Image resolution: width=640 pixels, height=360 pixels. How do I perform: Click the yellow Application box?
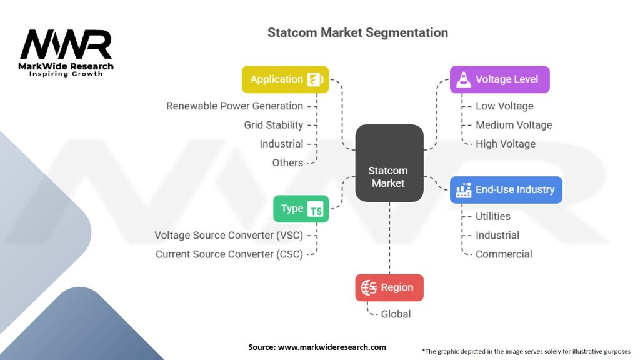coord(285,79)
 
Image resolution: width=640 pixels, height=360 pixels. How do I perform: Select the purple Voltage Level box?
coord(499,79)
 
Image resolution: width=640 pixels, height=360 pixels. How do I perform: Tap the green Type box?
coord(301,209)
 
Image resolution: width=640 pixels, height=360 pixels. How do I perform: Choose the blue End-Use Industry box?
coord(506,190)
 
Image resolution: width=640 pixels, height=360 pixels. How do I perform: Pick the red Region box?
coord(389,287)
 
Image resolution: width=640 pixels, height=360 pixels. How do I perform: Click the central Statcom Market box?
coord(389,163)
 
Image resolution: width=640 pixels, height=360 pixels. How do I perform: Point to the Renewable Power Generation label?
coord(235,106)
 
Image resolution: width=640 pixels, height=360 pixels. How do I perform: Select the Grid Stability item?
coord(274,125)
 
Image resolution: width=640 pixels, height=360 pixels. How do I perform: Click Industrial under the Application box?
coord(281,144)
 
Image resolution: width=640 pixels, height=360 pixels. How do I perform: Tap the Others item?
coord(287,163)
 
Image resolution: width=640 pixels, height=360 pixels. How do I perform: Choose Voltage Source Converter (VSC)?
coord(229,236)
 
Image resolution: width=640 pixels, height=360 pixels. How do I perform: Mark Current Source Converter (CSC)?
coord(229,254)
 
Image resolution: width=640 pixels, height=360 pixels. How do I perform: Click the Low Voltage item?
coord(504,106)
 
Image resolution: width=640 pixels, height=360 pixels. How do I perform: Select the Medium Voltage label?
coord(514,125)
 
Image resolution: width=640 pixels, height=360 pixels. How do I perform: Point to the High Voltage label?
coord(506,144)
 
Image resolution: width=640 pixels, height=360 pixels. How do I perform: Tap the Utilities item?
coord(493,216)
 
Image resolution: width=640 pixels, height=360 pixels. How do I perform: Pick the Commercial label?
coord(504,254)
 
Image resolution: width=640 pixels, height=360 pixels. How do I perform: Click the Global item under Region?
coord(396,314)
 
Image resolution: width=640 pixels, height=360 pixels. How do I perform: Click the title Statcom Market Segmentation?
coord(357,32)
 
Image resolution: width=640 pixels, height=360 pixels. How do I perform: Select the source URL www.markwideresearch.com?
coord(332,347)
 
